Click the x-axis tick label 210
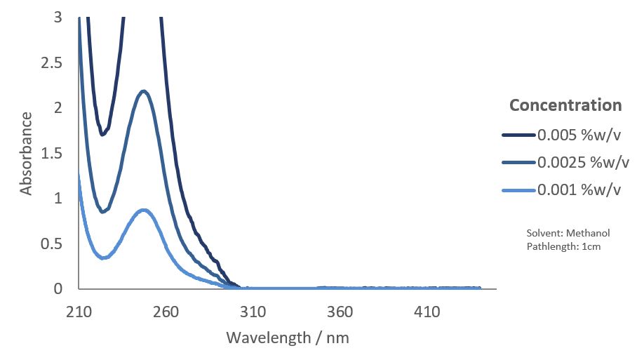pos(79,311)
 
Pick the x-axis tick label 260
pos(166,311)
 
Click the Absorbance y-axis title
pos(26,153)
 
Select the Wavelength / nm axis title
pos(288,338)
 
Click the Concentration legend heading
pos(565,105)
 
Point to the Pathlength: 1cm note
pos(563,246)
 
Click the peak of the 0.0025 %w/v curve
pos(144,91)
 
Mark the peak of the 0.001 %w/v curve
pos(144,210)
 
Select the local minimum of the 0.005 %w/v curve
pos(102,135)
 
